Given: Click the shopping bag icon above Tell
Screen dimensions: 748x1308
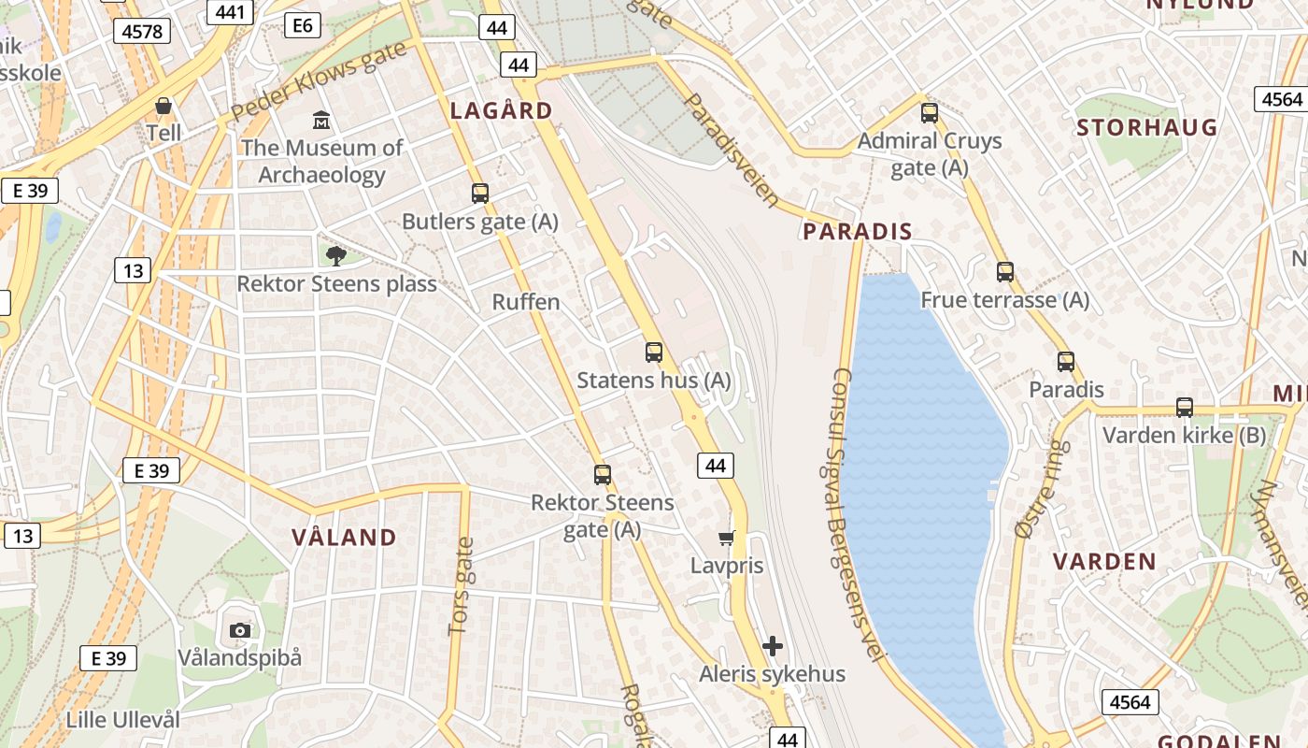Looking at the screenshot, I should click(163, 106).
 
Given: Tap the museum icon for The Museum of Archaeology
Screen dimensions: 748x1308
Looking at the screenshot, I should click(321, 120).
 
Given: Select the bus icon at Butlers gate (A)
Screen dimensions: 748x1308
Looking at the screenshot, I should click(480, 194).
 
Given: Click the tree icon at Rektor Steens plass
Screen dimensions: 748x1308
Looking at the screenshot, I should click(335, 255).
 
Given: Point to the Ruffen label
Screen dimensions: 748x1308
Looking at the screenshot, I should click(526, 302).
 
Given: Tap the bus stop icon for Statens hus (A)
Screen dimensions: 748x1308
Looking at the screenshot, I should click(654, 352).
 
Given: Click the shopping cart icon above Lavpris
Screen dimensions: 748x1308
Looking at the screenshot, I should click(726, 538).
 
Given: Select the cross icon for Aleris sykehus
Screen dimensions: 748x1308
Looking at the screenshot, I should click(773, 646).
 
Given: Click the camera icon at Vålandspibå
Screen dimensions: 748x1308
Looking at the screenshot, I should click(240, 630).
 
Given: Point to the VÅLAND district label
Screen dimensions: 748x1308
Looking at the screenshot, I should click(344, 538).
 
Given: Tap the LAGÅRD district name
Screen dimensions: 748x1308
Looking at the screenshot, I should click(502, 110).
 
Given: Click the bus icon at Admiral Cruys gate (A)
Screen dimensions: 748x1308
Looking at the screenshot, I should click(930, 113).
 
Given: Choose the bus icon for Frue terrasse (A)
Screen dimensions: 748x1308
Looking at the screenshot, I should click(1005, 272).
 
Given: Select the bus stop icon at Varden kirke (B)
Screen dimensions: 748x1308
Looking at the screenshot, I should click(1185, 408).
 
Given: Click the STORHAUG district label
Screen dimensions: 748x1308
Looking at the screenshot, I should click(1147, 127).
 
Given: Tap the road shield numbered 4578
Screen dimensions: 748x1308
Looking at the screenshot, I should click(142, 32).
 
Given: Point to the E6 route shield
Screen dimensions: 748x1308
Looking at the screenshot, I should click(303, 25).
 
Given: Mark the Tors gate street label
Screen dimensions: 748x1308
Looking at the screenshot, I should click(462, 586).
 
